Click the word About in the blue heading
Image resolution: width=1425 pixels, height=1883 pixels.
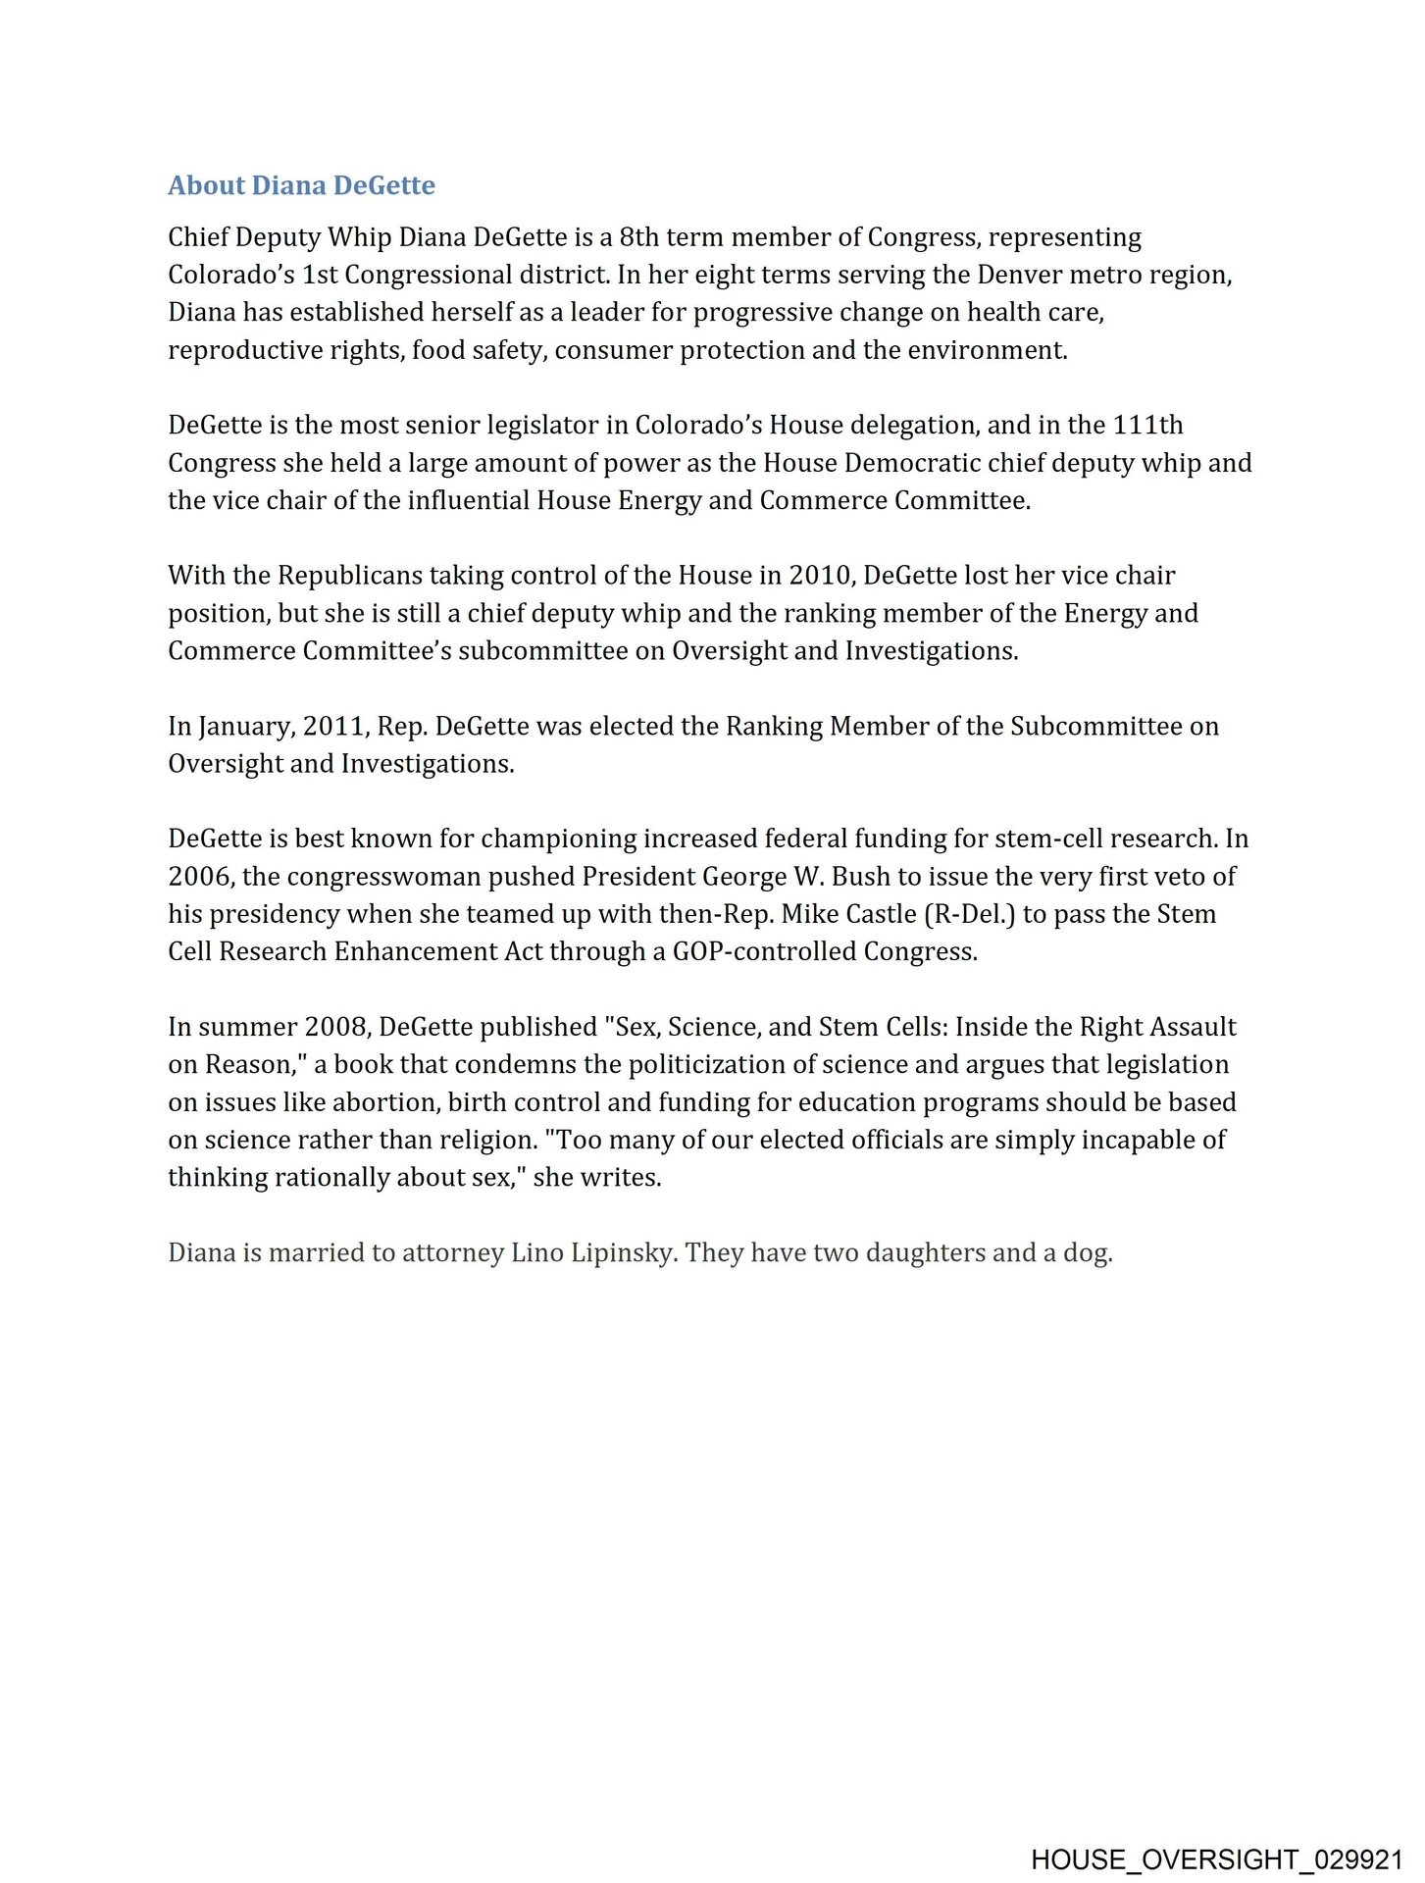[x=206, y=185]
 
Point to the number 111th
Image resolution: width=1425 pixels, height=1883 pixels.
[x=1147, y=425]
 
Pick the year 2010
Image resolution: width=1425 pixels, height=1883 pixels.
[x=819, y=576]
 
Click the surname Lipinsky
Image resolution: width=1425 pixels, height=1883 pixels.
[x=623, y=1253]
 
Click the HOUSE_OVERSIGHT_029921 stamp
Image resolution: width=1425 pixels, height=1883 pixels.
[x=1216, y=1859]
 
